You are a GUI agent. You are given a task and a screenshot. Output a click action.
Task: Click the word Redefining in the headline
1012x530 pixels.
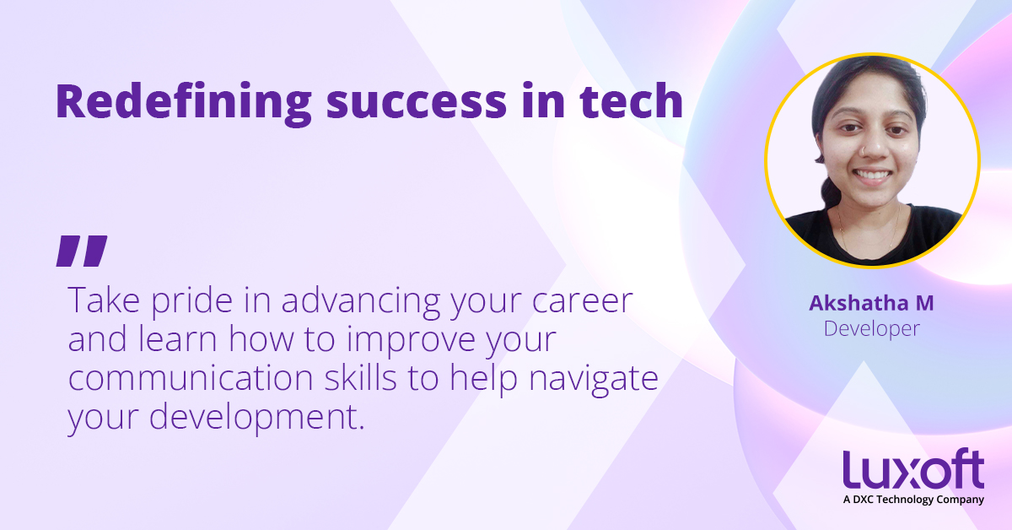pyautogui.click(x=184, y=103)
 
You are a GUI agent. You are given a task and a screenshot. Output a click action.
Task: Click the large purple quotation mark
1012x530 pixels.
pyautogui.click(x=82, y=251)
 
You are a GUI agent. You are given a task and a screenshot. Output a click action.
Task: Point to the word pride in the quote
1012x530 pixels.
pyautogui.click(x=192, y=302)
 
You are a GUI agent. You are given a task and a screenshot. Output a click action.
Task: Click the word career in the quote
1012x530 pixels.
pyautogui.click(x=583, y=302)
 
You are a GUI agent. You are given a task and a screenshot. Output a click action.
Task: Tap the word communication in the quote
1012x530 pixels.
pyautogui.click(x=191, y=378)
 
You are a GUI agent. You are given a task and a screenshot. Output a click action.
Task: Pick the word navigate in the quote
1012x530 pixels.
pyautogui.click(x=593, y=380)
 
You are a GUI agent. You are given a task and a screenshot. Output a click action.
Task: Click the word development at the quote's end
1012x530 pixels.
pyautogui.click(x=256, y=419)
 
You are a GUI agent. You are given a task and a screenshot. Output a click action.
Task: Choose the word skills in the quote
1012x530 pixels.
pyautogui.click(x=361, y=376)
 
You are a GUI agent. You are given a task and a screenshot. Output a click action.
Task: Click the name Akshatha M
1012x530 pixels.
pyautogui.click(x=871, y=303)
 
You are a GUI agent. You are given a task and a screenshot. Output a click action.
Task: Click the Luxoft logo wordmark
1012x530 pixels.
pyautogui.click(x=913, y=469)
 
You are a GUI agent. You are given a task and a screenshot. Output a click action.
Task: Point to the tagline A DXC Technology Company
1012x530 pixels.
pyautogui.click(x=913, y=500)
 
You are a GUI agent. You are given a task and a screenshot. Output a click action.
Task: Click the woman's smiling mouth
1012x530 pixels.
pyautogui.click(x=872, y=176)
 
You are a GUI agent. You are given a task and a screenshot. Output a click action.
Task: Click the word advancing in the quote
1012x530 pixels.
pyautogui.click(x=361, y=302)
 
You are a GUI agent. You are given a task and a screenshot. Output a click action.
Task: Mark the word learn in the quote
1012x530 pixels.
pyautogui.click(x=178, y=340)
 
